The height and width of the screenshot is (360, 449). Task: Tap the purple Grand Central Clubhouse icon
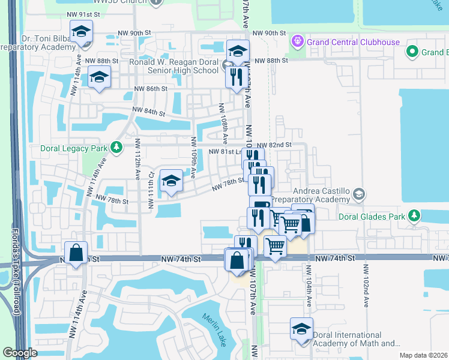[295, 41]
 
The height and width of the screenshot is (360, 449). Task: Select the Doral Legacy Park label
[72, 147]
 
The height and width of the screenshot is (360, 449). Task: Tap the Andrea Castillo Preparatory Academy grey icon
[358, 193]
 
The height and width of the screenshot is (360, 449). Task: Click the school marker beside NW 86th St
[99, 77]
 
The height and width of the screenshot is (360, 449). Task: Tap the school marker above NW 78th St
[172, 181]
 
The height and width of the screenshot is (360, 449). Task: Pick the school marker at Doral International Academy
[301, 329]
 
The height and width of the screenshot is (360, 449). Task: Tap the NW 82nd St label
[274, 145]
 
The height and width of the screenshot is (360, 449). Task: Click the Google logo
[20, 353]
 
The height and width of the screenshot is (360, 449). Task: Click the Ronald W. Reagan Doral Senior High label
[174, 66]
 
